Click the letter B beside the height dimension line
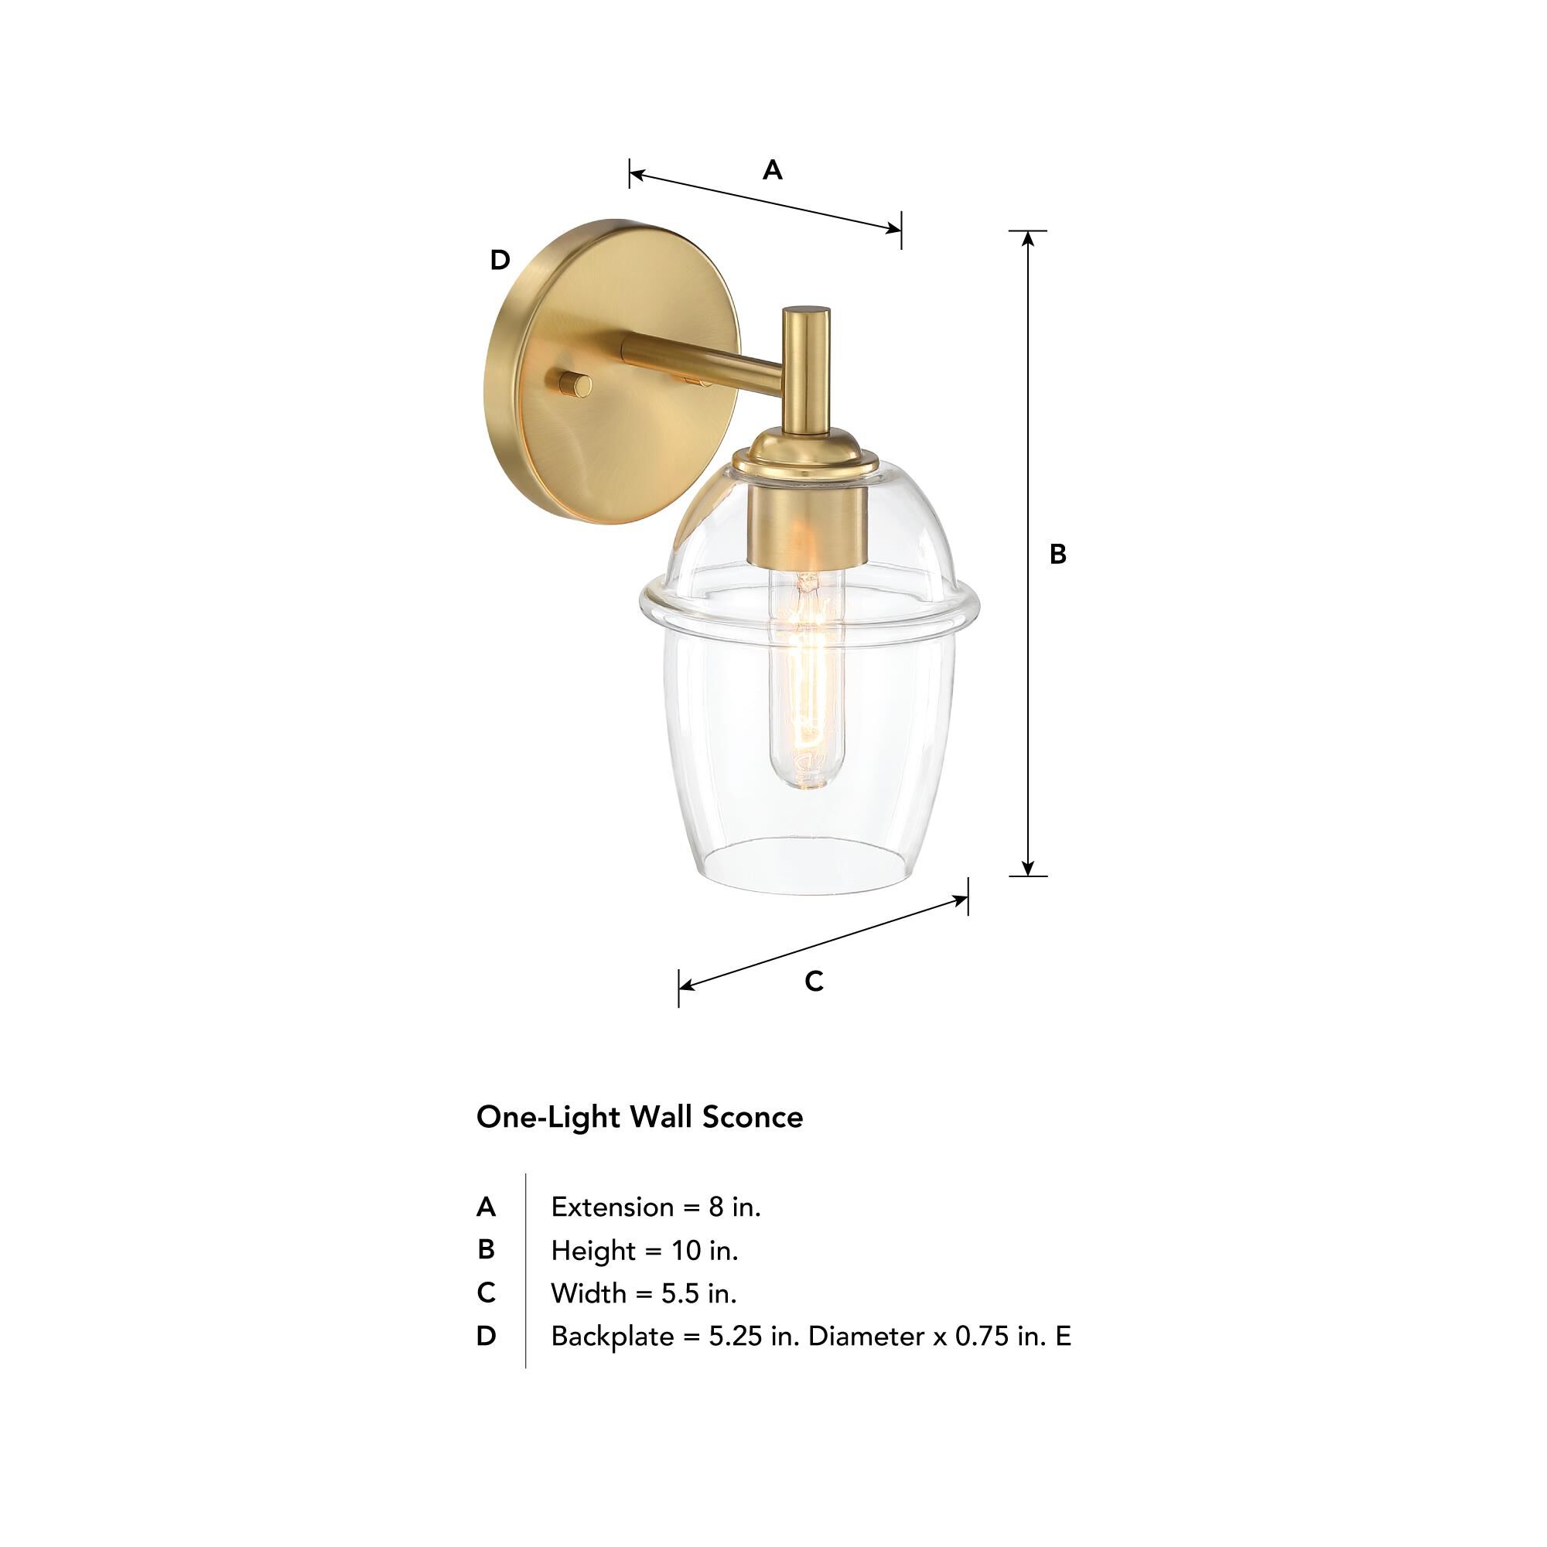1057,554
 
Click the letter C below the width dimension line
814,981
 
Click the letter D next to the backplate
500,260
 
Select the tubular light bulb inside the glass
806,681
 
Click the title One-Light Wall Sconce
639,1117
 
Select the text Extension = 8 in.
656,1207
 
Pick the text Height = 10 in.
644,1250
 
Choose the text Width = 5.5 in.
644,1293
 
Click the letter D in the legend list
485,1337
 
